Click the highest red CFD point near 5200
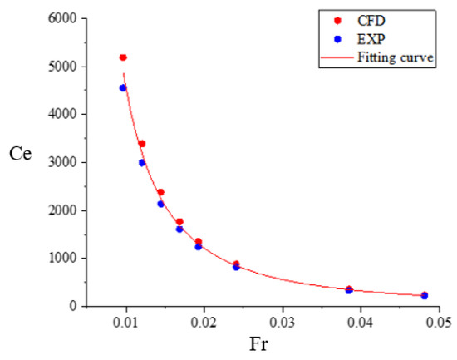(123, 57)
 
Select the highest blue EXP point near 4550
(123, 87)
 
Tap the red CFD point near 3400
(142, 144)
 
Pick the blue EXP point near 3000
(142, 163)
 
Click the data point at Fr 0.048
(424, 295)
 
